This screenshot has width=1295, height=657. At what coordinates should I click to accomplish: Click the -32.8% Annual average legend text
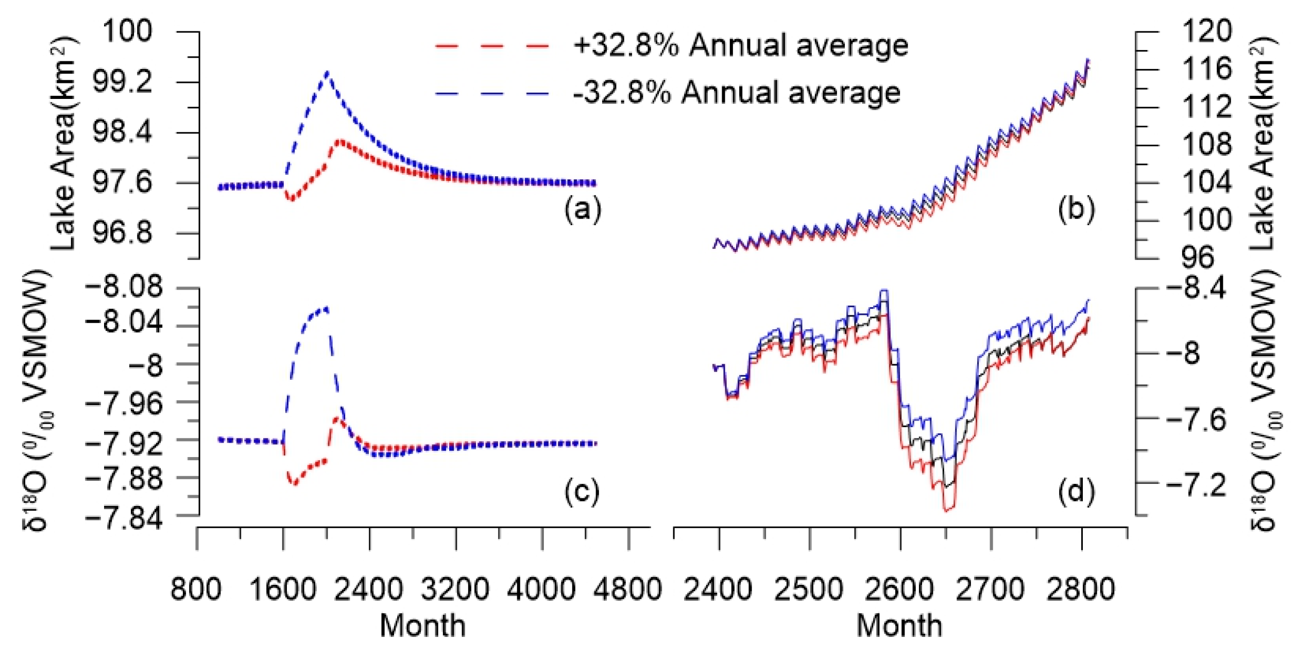737,93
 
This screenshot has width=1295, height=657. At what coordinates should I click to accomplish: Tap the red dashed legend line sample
492,46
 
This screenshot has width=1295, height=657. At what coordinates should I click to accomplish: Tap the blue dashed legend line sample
492,94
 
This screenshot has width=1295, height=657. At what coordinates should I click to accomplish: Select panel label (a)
583,210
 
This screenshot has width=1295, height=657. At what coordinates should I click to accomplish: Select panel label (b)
1076,210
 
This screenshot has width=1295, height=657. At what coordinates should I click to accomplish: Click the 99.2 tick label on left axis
123,82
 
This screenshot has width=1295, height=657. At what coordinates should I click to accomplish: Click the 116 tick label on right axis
1206,69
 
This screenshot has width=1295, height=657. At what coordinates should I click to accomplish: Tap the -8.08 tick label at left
124,287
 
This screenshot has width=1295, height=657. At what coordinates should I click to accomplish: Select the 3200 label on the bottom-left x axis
455,589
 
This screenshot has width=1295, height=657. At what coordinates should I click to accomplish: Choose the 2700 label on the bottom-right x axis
990,589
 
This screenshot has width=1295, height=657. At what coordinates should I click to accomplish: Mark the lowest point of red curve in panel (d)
947,510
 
